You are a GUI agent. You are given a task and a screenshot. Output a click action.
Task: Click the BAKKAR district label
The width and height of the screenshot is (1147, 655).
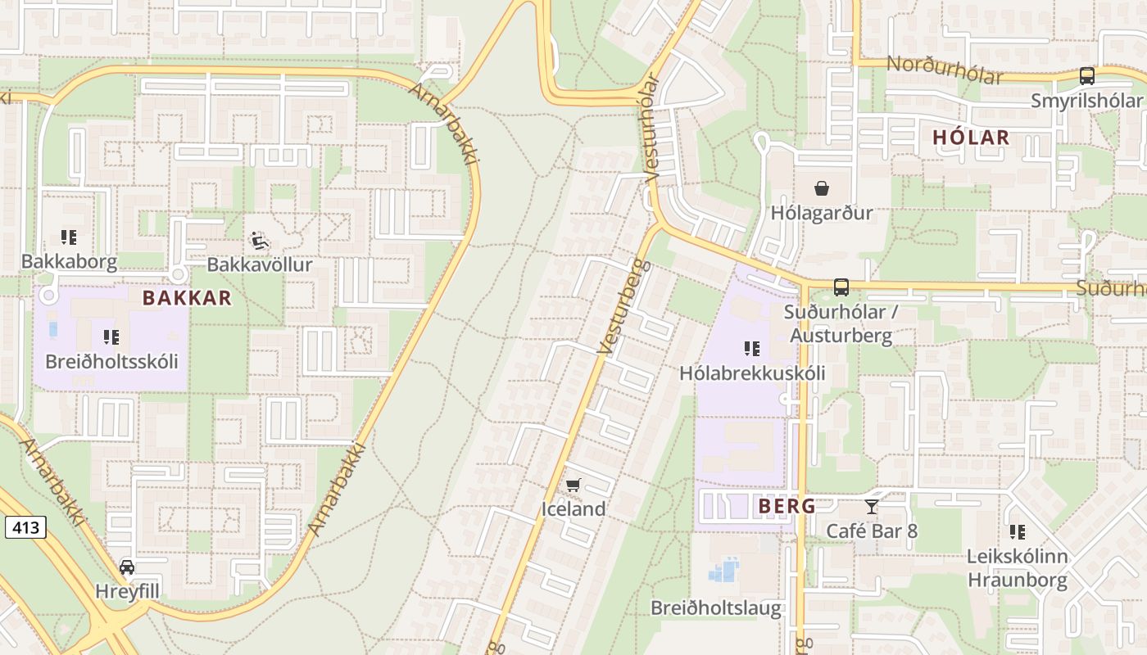pos(187,298)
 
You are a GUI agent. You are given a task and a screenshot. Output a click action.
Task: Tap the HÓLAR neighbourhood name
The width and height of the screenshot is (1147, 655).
pos(971,138)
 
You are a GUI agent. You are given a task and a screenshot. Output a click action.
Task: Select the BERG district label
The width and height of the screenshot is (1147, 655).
pos(787,506)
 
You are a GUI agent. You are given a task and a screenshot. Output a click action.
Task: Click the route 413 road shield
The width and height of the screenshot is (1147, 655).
pos(25,527)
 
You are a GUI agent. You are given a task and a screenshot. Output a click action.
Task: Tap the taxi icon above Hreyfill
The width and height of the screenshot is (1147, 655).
pos(127,567)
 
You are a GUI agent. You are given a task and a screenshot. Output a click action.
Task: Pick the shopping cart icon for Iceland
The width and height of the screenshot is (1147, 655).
pos(573,486)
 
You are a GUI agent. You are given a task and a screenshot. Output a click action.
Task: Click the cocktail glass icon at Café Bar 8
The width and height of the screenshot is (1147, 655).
pos(871,507)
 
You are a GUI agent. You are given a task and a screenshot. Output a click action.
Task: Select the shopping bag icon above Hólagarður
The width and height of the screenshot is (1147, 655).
pos(822,189)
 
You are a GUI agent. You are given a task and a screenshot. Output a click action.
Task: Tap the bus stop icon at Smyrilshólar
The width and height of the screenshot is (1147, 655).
pos(1086,76)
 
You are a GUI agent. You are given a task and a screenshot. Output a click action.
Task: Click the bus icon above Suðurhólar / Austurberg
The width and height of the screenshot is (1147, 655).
pos(841,287)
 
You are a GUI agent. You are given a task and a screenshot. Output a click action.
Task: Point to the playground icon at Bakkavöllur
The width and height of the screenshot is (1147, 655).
pos(260,241)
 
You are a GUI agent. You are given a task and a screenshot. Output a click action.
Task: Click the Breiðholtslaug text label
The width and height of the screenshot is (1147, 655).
pos(715,608)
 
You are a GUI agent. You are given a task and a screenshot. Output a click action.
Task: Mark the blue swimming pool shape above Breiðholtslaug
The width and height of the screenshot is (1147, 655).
pos(723,570)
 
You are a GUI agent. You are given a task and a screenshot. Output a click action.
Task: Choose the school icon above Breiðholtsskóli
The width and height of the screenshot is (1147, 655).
pos(111,337)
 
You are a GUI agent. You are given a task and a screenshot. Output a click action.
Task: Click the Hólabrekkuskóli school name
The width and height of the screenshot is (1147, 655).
pos(752,373)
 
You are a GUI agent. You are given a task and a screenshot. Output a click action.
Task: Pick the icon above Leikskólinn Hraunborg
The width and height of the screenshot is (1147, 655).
pos(1018,532)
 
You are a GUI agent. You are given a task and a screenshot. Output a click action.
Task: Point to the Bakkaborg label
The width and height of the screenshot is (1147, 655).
pos(70,262)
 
